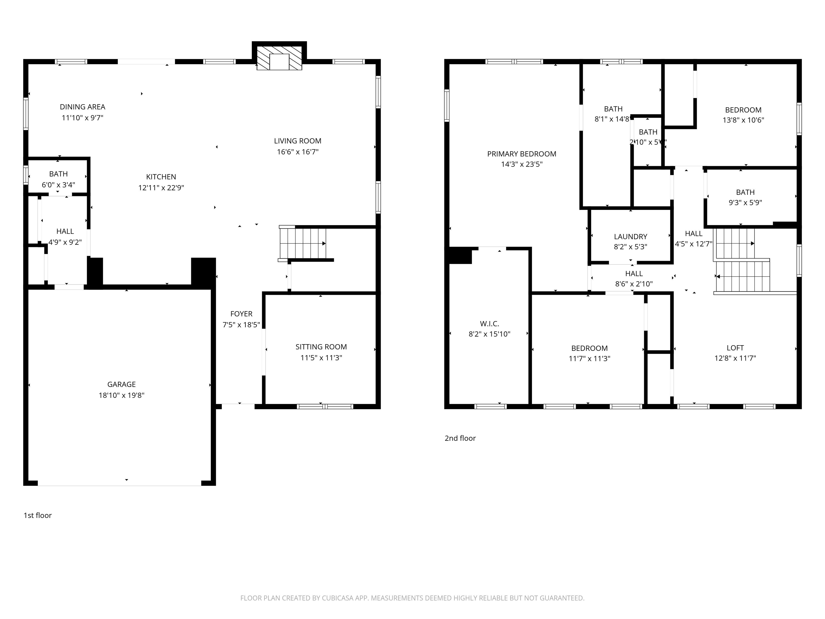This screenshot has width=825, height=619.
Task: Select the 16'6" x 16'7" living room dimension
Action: coord(298,152)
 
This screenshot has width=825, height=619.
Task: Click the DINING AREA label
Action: coord(82,107)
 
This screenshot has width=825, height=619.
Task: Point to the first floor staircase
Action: coord(303,243)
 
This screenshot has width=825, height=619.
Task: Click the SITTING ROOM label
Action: coord(321,347)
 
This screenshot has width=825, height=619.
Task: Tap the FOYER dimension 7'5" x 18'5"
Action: coord(241,325)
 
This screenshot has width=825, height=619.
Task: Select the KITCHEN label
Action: coord(161,177)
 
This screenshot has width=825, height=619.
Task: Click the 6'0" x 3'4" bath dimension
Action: coord(58,185)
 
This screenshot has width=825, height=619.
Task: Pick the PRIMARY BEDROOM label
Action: coord(522,154)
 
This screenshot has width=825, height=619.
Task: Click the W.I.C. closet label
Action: coord(489,324)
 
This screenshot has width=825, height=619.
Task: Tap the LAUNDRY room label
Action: coord(630,236)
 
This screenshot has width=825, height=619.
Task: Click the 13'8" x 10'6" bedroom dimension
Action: coord(743,120)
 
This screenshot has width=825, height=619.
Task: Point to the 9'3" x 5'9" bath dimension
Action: coord(745,203)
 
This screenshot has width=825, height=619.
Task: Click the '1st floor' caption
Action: coord(38,515)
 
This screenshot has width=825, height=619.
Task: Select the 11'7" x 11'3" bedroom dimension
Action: coord(589,359)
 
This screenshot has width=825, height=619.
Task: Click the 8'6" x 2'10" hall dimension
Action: coord(634,284)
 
